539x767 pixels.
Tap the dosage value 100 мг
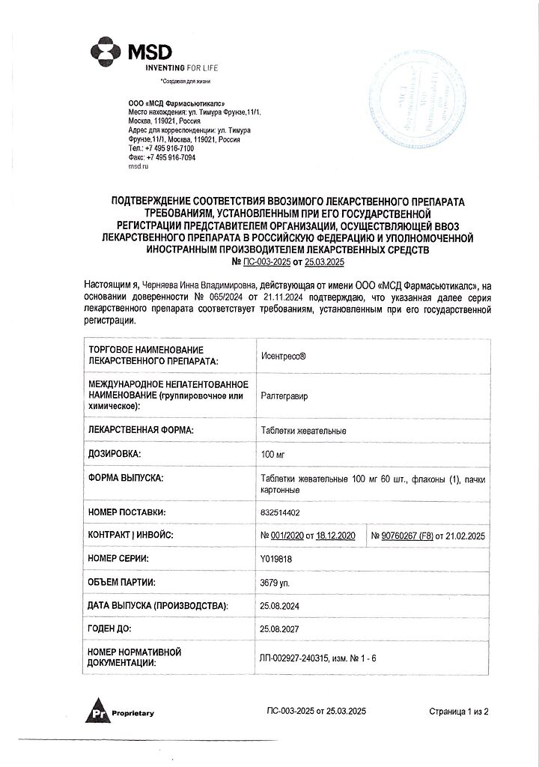click(x=271, y=454)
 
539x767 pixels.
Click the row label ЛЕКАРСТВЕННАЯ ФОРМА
click(x=141, y=431)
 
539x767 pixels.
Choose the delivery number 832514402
click(x=281, y=512)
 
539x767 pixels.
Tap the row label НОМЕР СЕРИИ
click(x=118, y=559)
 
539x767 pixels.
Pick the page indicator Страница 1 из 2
click(x=458, y=711)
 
